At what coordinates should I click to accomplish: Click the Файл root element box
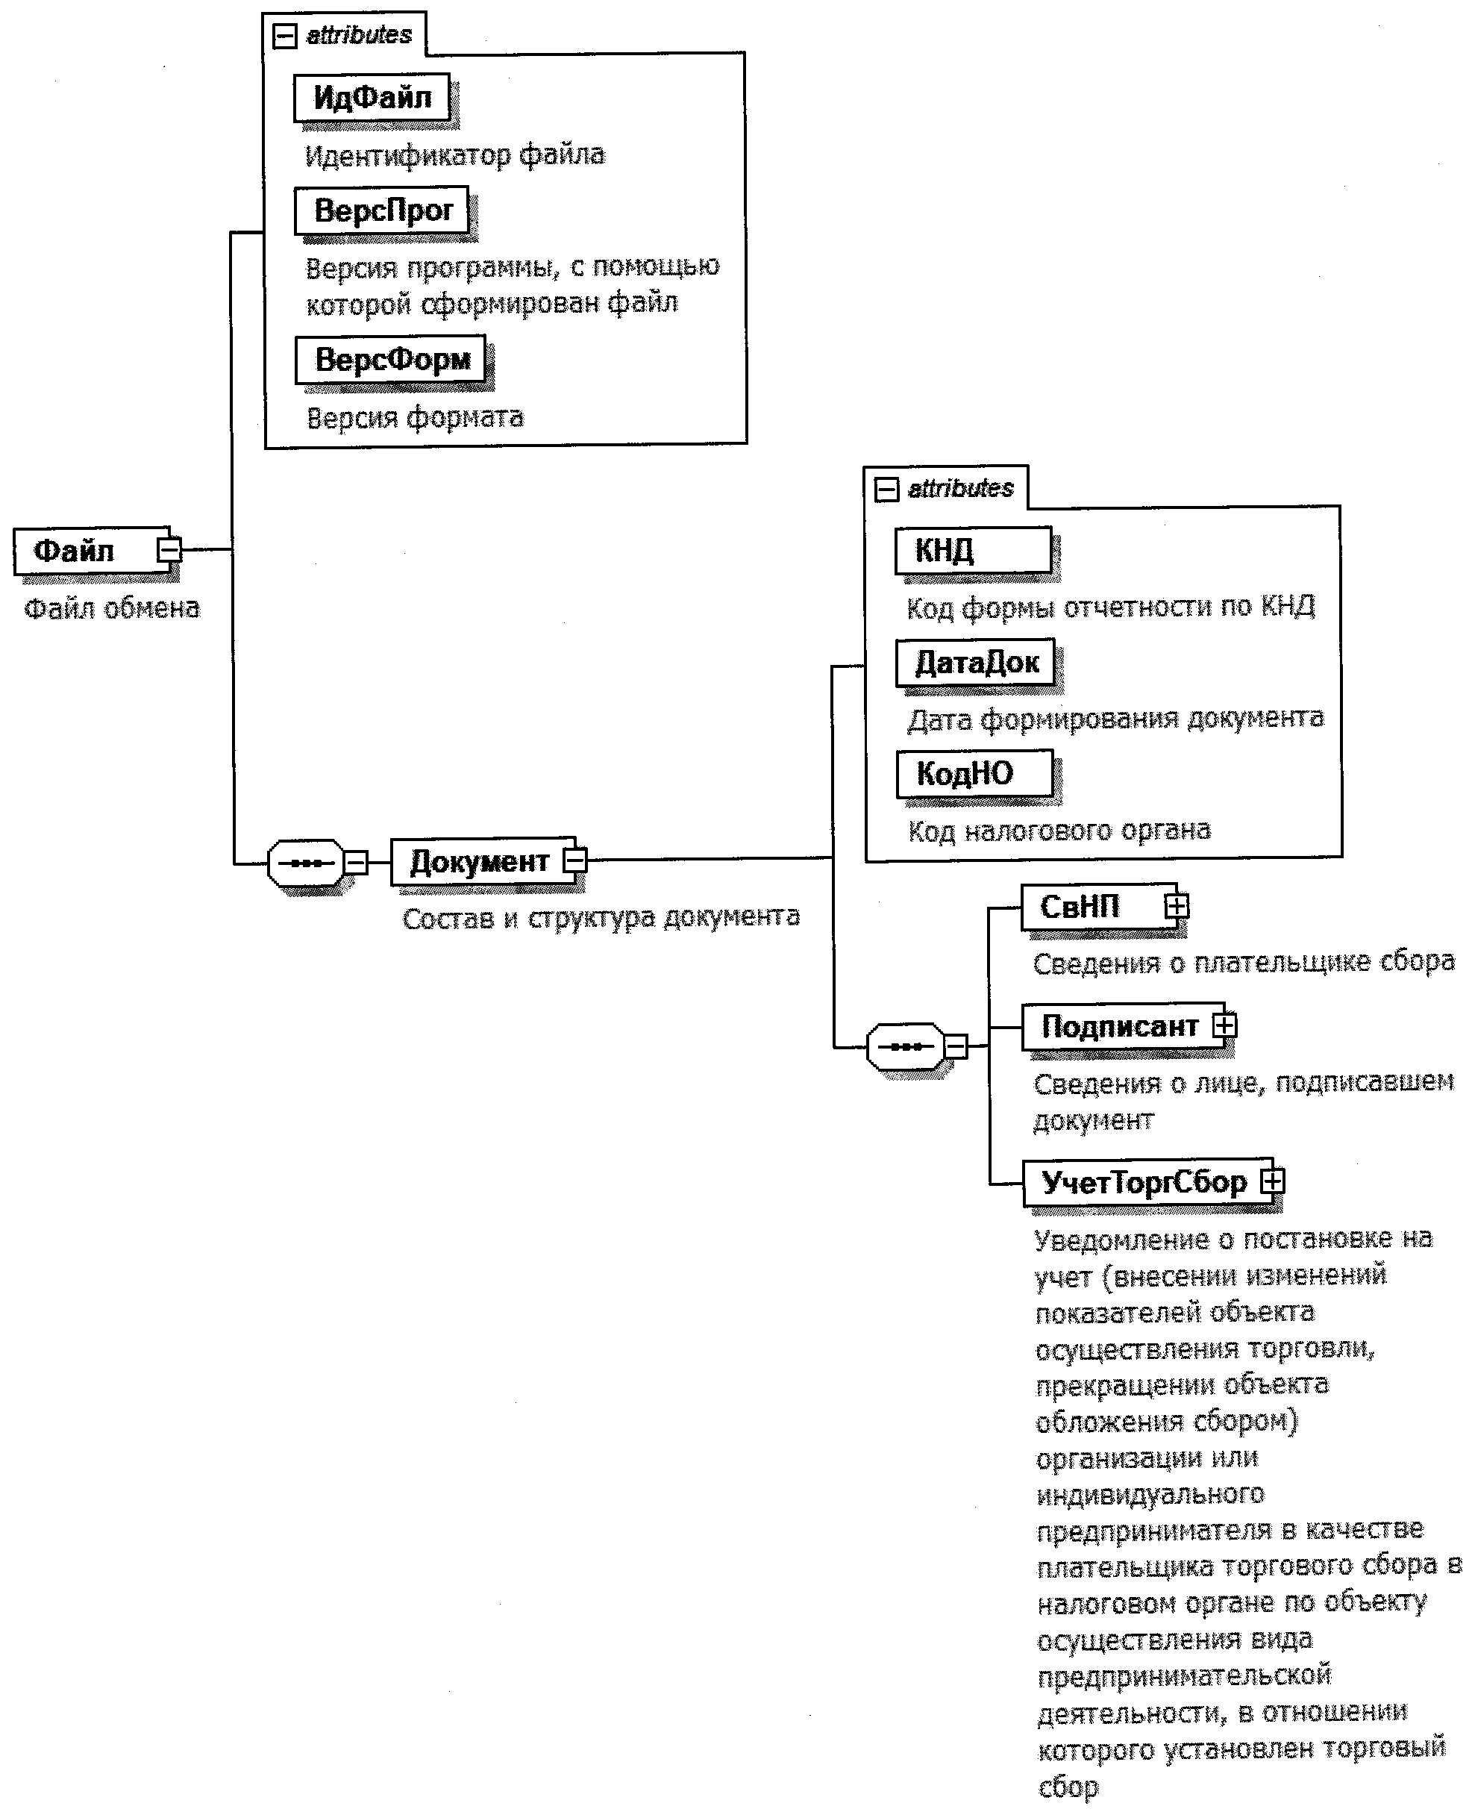pyautogui.click(x=85, y=551)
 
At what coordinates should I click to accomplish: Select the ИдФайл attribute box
pyautogui.click(x=372, y=98)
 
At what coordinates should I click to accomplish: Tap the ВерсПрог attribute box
pyautogui.click(x=383, y=210)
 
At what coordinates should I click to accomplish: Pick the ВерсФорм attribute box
pyautogui.click(x=391, y=360)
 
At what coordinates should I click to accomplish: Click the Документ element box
pyautogui.click(x=479, y=862)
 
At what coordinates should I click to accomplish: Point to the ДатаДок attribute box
pyautogui.click(x=975, y=663)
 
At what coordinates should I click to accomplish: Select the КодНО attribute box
pyautogui.click(x=974, y=774)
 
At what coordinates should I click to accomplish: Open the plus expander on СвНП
pyautogui.click(x=1176, y=907)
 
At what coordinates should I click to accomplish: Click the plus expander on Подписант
pyautogui.click(x=1224, y=1026)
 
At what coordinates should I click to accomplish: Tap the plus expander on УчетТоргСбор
pyautogui.click(x=1273, y=1181)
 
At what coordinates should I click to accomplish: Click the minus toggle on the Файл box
pyautogui.click(x=169, y=550)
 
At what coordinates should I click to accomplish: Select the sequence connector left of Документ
pyautogui.click(x=306, y=863)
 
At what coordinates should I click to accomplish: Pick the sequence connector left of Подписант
pyautogui.click(x=906, y=1047)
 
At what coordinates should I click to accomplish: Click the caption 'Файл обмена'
pyautogui.click(x=112, y=608)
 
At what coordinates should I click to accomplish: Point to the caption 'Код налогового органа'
pyautogui.click(x=1059, y=831)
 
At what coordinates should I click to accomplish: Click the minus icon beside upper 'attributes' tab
pyautogui.click(x=285, y=36)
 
